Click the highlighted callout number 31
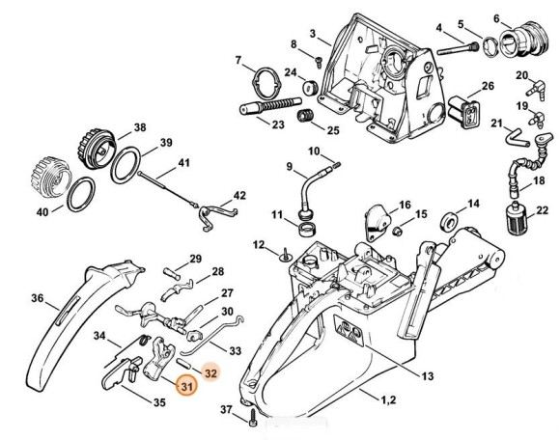click(186, 386)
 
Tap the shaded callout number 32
click(210, 373)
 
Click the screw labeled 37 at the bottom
click(253, 417)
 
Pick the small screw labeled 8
click(319, 62)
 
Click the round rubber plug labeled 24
click(310, 88)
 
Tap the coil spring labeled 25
click(305, 117)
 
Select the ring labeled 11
click(306, 229)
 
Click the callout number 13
click(428, 375)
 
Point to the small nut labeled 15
click(396, 232)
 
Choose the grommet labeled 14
click(449, 222)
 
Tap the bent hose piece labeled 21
click(516, 136)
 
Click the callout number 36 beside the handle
click(37, 297)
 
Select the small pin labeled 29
click(172, 274)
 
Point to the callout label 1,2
click(388, 399)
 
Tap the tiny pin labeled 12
click(285, 254)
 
